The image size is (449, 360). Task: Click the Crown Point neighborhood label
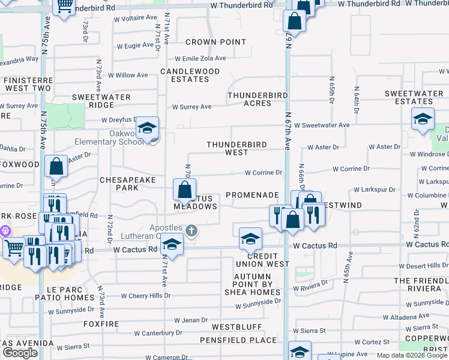point(215,42)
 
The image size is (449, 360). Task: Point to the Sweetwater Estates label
point(414,98)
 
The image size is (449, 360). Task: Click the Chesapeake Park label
point(127,184)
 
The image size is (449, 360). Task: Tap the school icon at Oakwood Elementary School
point(147,128)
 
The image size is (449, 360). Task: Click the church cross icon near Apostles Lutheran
point(191,230)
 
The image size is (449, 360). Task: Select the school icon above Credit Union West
point(251,240)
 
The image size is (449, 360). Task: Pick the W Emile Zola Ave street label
point(200,59)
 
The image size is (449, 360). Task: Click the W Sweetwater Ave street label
point(325,125)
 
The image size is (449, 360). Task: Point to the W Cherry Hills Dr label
point(145,296)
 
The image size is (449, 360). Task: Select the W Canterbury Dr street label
point(158,333)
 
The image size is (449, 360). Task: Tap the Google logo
point(20,353)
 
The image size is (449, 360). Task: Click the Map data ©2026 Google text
point(411,355)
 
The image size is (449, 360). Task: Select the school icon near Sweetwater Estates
point(423,119)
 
